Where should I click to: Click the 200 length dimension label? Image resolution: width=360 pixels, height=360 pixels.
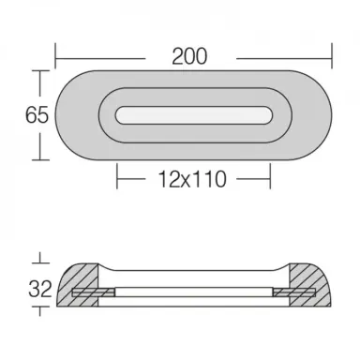tap(191, 55)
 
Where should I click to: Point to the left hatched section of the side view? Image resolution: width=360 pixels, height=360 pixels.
tap(80, 287)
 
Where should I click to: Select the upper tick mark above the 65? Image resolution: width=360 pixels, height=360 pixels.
tap(38, 72)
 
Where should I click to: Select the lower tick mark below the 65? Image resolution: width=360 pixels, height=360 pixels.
tap(38, 158)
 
